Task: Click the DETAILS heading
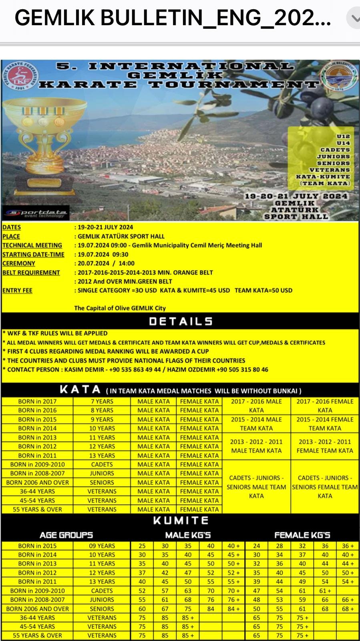click(181, 321)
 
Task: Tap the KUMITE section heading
click(181, 520)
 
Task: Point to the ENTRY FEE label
click(17, 290)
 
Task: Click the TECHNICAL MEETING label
click(32, 245)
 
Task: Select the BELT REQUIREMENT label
click(31, 272)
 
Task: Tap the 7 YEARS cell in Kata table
click(102, 401)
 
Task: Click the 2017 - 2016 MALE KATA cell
click(256, 405)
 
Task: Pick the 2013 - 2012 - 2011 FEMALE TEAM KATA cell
click(325, 446)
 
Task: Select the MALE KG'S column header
click(188, 535)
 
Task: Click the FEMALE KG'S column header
click(302, 535)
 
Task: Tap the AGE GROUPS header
click(66, 535)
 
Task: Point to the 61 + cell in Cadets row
click(325, 591)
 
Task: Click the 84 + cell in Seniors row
click(233, 609)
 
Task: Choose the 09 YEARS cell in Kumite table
click(102, 546)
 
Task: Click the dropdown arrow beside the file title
click(354, 18)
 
